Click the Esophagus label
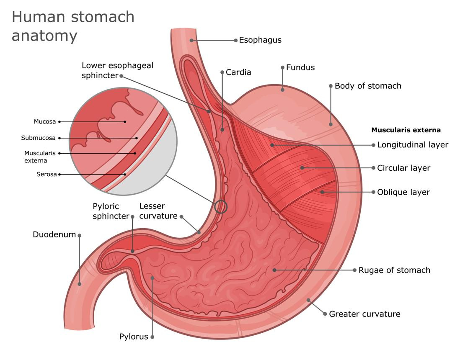tap(260, 40)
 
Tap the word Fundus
tap(300, 68)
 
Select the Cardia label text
tap(238, 72)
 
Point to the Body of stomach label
tap(368, 86)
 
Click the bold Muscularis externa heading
tap(406, 130)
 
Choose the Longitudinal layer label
tap(413, 145)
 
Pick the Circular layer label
tap(404, 168)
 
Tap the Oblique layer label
tap(403, 192)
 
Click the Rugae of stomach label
tap(394, 270)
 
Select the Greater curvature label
tap(364, 314)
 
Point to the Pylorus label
tap(134, 337)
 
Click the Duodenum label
tap(54, 234)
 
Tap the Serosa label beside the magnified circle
tap(47, 175)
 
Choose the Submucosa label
tap(38, 138)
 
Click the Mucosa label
tap(44, 122)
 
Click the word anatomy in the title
tap(44, 36)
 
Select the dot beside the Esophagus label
tap(235, 40)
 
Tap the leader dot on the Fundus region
tap(282, 90)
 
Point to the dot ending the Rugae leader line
tap(274, 270)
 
